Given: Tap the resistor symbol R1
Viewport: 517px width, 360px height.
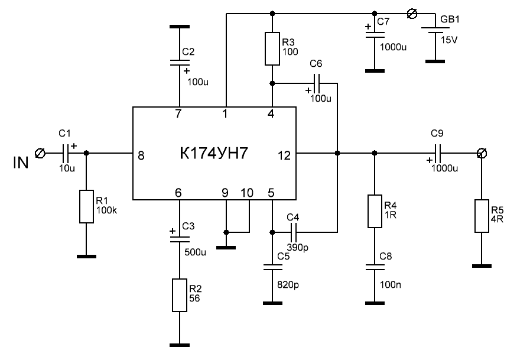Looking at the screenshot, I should pyautogui.click(x=86, y=207).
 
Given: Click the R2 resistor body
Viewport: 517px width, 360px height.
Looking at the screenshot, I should pyautogui.click(x=180, y=296).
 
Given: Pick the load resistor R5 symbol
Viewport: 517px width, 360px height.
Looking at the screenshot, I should pyautogui.click(x=482, y=217).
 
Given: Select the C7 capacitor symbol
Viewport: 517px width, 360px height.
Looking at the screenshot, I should pyautogui.click(x=373, y=34).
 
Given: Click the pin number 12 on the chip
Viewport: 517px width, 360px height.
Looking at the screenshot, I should pyautogui.click(x=283, y=155).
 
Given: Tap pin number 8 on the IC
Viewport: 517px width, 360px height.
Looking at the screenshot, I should pyautogui.click(x=141, y=155).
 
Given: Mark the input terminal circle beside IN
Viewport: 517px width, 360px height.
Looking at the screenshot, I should pyautogui.click(x=40, y=154).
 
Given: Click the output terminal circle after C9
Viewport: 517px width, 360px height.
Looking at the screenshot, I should pyautogui.click(x=482, y=154).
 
